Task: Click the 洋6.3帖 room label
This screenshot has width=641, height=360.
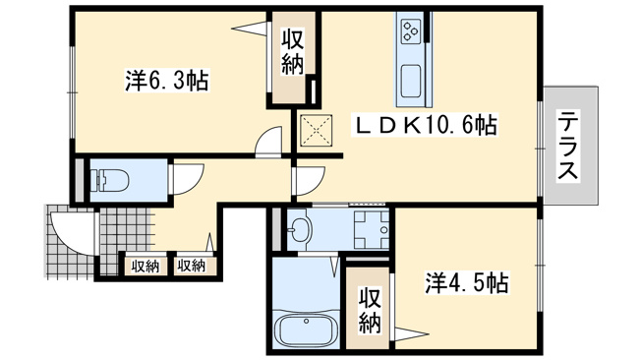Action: click(x=167, y=81)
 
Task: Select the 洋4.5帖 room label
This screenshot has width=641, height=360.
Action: click(x=467, y=282)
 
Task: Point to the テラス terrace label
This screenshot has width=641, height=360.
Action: click(x=568, y=146)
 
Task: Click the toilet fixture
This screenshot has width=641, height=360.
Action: click(x=109, y=180)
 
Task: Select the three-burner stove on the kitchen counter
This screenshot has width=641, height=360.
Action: click(x=410, y=31)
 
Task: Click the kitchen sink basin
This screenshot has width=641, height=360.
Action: click(x=411, y=82)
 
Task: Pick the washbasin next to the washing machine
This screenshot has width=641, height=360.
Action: click(x=300, y=230)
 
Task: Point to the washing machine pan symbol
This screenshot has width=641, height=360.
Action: click(x=372, y=229)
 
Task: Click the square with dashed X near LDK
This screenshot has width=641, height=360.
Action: click(x=316, y=131)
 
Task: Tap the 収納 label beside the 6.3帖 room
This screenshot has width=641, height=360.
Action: click(x=292, y=53)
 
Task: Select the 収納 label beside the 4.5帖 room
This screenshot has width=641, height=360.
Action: click(x=370, y=311)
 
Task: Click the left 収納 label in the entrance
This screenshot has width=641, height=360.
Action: click(x=146, y=267)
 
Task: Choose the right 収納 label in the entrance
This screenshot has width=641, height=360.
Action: click(x=192, y=266)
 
